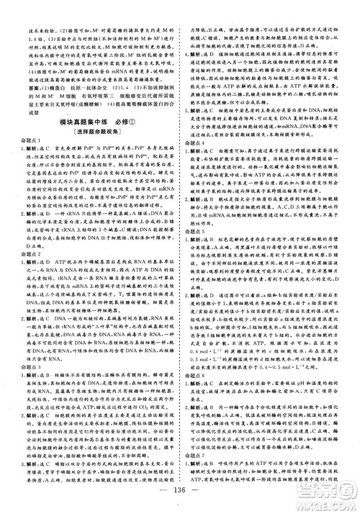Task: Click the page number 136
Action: tap(179, 501)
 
